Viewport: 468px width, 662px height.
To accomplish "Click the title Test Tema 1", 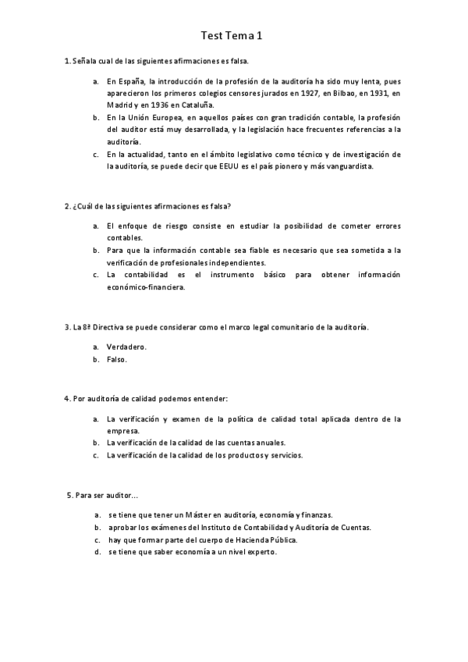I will pos(232,35).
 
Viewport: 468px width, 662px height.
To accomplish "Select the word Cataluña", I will pos(194,105).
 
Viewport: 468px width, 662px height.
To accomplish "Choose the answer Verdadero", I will pos(126,346).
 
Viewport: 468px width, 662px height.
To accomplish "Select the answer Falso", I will pos(116,359).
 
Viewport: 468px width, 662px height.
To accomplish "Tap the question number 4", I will pos(66,399).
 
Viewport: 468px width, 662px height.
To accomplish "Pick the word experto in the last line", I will pos(261,552).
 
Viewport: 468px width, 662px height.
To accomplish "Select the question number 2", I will pos(66,206).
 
